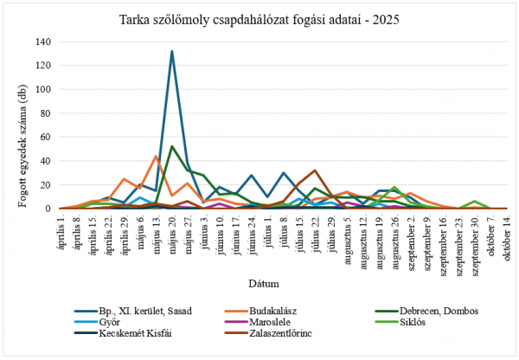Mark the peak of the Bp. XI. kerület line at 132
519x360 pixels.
172,51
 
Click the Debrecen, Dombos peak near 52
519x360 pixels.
172,146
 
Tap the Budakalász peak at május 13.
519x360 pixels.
156,156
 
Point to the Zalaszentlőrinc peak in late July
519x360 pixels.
315,170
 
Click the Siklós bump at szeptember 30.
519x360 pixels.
474,202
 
